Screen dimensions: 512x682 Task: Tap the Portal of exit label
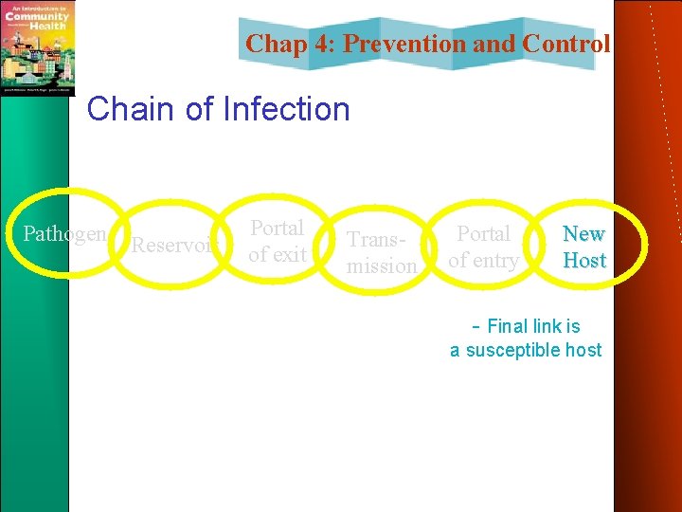(x=277, y=241)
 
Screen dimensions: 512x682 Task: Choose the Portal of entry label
(x=484, y=247)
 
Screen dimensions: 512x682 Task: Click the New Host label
(x=584, y=247)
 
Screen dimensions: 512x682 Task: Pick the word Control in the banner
(x=566, y=44)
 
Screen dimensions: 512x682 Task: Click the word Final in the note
(x=510, y=326)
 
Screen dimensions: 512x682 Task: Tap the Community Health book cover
(x=37, y=47)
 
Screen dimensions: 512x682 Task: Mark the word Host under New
(x=584, y=260)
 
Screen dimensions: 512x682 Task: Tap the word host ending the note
(x=583, y=350)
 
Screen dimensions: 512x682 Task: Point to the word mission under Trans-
(x=381, y=266)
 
